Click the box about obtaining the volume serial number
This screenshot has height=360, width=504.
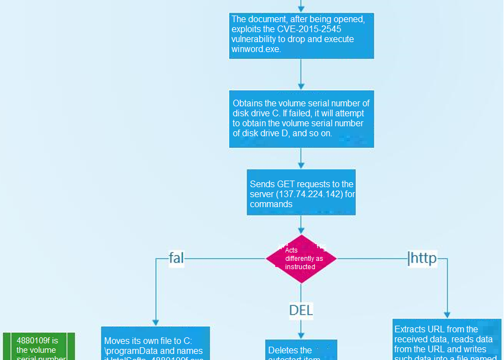[x=301, y=119]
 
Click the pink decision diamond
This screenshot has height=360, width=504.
[x=301, y=259]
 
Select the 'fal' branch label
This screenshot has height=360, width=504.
[x=176, y=258]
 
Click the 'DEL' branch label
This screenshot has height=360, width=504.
[x=301, y=310]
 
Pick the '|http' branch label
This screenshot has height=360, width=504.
[x=422, y=258]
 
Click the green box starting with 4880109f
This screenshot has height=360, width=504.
[x=39, y=346]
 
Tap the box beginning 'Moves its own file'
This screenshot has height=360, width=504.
[x=155, y=343]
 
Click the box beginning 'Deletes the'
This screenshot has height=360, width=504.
[x=301, y=350]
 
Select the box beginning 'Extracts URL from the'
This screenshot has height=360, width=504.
[x=446, y=340]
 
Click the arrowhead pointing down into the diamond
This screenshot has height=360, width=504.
[x=301, y=230]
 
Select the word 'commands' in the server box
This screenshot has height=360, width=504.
[x=271, y=204]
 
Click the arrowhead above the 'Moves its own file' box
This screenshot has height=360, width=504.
[x=156, y=322]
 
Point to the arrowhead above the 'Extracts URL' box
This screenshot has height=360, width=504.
[x=446, y=315]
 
